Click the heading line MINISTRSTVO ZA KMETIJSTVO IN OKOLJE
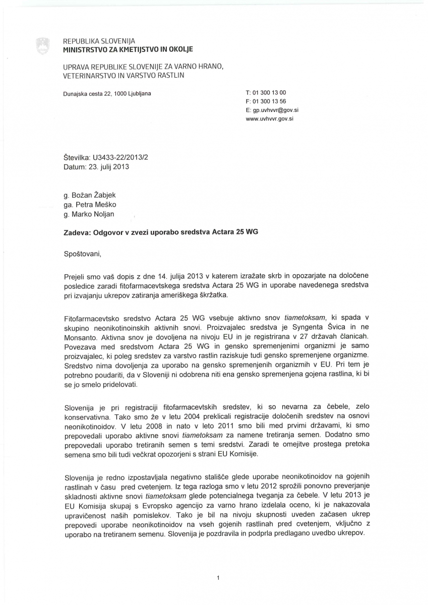pyautogui.click(x=128, y=49)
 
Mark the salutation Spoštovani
pyautogui.click(x=83, y=254)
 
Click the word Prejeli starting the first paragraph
pyautogui.click(x=76, y=277)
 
